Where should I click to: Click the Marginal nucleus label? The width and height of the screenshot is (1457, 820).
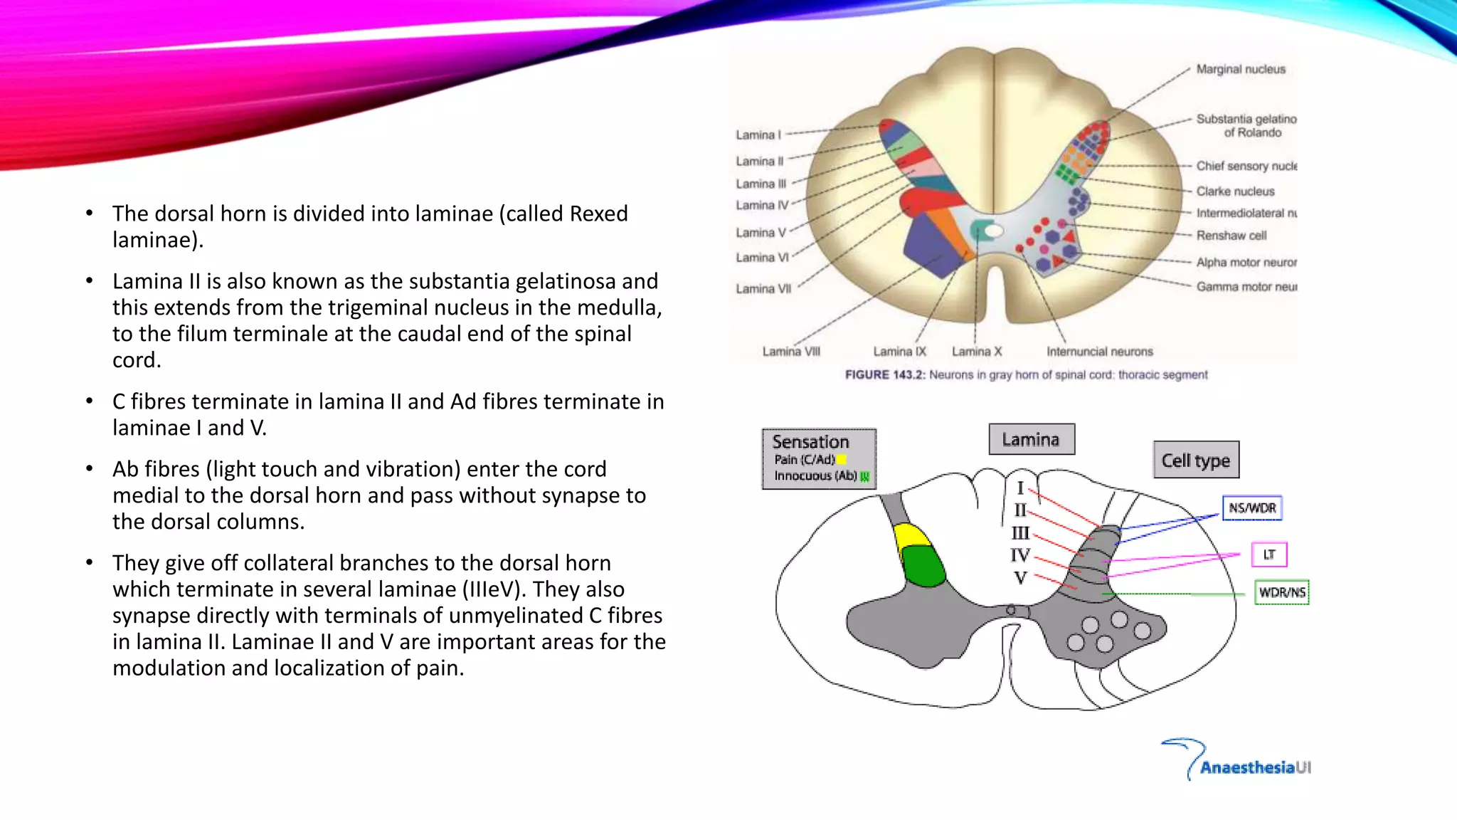[x=1241, y=69]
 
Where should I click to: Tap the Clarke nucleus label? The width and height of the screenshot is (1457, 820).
[x=1235, y=191]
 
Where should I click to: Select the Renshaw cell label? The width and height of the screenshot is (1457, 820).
[x=1231, y=236]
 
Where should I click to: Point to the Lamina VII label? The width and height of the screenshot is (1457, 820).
[x=763, y=289]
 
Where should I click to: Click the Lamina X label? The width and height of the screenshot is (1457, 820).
[x=977, y=352]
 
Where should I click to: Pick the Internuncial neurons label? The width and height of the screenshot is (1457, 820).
[x=1099, y=352]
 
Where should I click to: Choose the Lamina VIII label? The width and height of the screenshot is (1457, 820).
[x=791, y=352]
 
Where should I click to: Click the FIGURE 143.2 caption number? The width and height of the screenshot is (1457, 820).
[x=885, y=375]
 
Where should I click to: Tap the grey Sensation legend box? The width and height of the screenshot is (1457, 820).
[x=819, y=458]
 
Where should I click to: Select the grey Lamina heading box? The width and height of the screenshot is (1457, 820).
[x=1031, y=440]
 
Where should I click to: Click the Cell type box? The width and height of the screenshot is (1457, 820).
[x=1196, y=461]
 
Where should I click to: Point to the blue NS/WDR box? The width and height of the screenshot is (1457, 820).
[x=1252, y=508]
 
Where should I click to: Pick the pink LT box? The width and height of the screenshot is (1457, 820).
[x=1269, y=554]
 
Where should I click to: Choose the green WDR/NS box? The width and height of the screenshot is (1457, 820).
[x=1282, y=592]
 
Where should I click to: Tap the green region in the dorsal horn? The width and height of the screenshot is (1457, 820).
[x=924, y=567]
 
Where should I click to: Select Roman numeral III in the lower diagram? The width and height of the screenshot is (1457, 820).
[x=1020, y=533]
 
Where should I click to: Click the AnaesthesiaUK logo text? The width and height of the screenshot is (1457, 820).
[x=1255, y=767]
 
